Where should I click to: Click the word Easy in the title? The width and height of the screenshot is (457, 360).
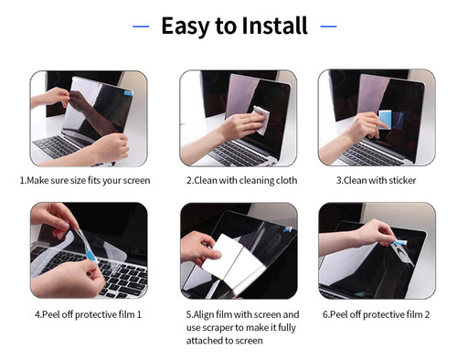pos(186,26)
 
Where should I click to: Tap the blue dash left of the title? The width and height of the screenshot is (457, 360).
pos(141,26)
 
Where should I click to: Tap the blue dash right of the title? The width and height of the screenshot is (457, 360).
pos(328,26)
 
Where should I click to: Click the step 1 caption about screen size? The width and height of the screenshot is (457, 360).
pos(85,181)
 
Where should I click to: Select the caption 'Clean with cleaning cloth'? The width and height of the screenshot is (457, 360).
pos(241,181)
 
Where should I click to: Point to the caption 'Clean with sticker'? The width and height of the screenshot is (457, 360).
pos(376,181)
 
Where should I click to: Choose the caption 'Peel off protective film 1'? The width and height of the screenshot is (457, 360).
pos(88,314)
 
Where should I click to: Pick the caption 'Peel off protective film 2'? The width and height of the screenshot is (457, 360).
pos(376,314)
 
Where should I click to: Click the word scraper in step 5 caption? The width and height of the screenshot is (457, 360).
pos(218,328)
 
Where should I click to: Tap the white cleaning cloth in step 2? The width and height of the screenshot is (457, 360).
pos(261,120)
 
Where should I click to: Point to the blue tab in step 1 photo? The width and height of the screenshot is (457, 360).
pos(128,93)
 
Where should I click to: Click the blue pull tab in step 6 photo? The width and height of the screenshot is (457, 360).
pos(399,242)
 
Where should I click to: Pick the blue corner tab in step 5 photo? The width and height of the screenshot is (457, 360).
pos(288,229)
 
